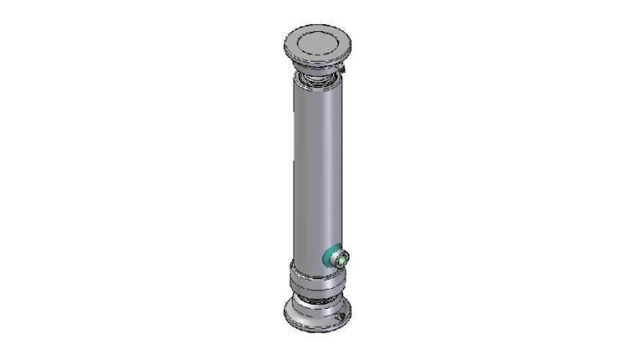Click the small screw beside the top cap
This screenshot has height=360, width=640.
342,73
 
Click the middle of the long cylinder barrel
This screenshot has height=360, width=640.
318,168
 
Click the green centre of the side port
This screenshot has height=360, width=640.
342,258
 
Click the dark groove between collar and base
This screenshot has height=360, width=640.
318,296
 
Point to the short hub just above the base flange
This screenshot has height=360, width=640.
318,303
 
